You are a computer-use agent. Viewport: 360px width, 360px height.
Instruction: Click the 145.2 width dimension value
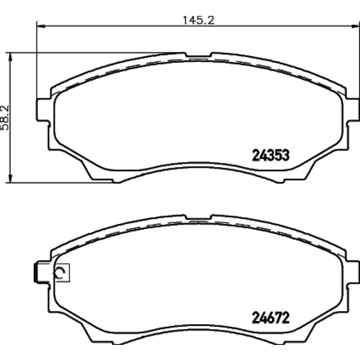click(199, 20)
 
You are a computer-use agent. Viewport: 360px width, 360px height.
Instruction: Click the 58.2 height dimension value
click(5, 117)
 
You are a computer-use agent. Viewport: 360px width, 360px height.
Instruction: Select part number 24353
click(271, 156)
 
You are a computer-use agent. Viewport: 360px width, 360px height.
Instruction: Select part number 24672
click(271, 318)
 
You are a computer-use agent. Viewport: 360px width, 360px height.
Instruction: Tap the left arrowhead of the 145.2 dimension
click(41, 26)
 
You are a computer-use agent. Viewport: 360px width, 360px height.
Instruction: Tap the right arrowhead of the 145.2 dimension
click(356, 26)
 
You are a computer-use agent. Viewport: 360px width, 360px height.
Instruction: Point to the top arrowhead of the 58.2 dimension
click(10, 57)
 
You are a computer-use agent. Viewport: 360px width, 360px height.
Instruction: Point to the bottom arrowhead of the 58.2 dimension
click(10, 179)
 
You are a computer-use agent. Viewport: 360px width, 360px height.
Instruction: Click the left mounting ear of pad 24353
click(43, 109)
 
